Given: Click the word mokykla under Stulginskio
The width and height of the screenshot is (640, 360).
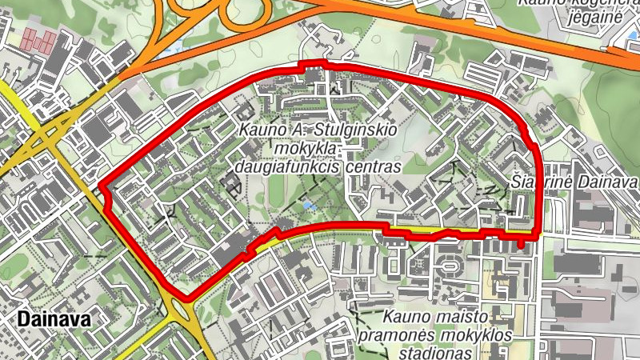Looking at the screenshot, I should click(308, 150).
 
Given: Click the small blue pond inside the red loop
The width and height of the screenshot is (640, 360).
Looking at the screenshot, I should click(309, 206).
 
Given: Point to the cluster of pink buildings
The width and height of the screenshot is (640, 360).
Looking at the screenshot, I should click(39, 39).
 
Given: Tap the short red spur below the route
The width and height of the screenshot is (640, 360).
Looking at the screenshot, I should click(522, 241).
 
